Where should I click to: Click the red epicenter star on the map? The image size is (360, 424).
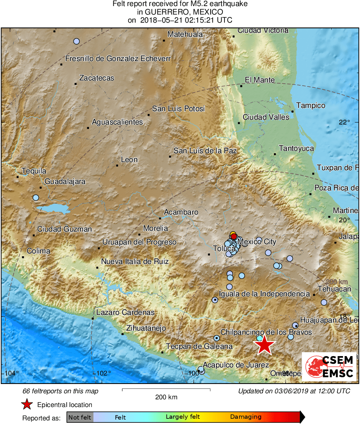[x=264, y=345]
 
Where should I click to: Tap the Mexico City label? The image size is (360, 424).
[x=257, y=242]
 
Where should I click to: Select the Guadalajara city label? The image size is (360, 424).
[x=65, y=181]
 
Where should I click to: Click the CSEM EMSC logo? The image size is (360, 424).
[x=329, y=367]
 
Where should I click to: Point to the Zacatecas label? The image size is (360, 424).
[x=97, y=78]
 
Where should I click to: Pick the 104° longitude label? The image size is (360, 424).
[x=12, y=373]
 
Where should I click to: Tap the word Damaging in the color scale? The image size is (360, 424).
[x=246, y=417]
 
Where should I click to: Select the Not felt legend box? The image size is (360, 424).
[x=80, y=417]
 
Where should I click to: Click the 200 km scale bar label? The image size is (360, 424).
[x=166, y=397]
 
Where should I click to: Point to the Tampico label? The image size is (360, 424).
[x=311, y=105]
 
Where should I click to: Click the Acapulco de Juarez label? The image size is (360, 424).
[x=236, y=365]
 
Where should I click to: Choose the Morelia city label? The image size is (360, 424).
[x=155, y=228]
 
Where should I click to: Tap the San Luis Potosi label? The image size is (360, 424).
[x=178, y=109]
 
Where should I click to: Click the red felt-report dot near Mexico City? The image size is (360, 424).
[x=233, y=236]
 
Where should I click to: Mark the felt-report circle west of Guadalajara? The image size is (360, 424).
[x=36, y=198]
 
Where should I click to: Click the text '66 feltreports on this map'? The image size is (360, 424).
[x=60, y=391]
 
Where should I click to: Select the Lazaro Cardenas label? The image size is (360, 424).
[x=125, y=312]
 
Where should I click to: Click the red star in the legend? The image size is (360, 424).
[x=27, y=404]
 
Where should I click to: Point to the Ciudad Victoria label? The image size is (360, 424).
[x=263, y=30]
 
